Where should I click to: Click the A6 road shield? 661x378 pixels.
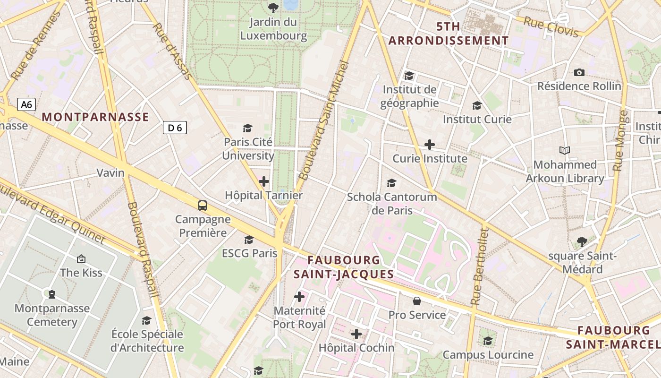click(x=26, y=104)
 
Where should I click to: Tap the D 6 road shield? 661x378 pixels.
click(x=175, y=127)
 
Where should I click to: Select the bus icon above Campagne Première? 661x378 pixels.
click(x=203, y=205)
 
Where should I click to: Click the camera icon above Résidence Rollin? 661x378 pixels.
click(x=579, y=72)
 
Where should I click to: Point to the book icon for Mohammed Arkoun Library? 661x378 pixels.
click(x=565, y=151)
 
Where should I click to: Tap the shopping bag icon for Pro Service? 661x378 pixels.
click(x=417, y=301)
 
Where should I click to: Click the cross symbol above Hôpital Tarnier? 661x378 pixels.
click(x=264, y=181)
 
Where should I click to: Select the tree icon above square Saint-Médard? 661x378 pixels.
click(x=582, y=242)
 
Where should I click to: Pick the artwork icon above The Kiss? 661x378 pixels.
click(x=81, y=259)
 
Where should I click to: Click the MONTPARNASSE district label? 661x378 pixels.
click(x=95, y=117)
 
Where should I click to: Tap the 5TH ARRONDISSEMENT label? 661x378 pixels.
click(x=449, y=33)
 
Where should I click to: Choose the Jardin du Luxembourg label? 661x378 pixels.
click(x=273, y=29)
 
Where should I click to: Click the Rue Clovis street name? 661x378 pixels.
click(x=551, y=26)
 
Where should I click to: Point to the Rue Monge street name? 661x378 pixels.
click(x=620, y=141)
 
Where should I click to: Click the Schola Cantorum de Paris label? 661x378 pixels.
click(x=392, y=203)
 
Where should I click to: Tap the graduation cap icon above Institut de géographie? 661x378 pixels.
click(x=409, y=76)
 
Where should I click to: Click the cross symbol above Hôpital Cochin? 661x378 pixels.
click(x=356, y=335)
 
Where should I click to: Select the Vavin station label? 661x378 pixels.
click(x=110, y=172)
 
